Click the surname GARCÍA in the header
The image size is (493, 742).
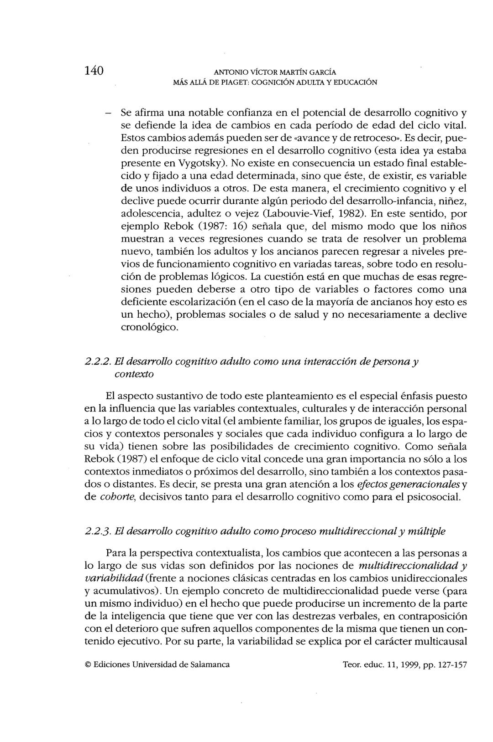(x=322, y=72)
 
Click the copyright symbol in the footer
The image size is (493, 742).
(x=88, y=665)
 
